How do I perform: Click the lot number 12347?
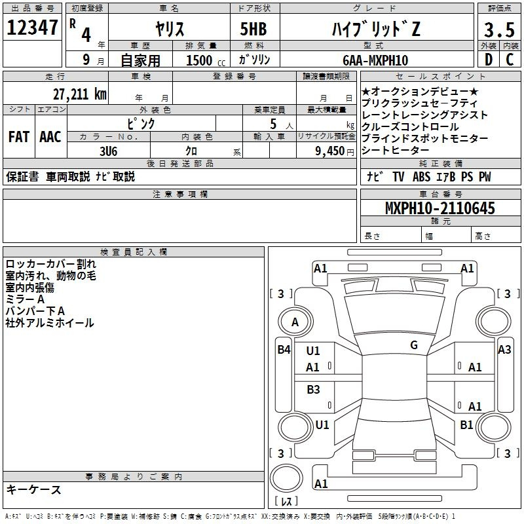32,28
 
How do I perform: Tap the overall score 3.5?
499,30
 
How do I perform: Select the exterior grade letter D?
489,60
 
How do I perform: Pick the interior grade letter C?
510,60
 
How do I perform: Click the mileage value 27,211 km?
80,94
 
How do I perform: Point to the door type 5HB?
253,29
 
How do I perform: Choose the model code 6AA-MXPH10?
375,60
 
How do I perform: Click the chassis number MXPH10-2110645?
440,208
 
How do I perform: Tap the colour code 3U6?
109,151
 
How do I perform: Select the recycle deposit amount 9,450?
330,151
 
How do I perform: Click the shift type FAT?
19,137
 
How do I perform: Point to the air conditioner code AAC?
50,137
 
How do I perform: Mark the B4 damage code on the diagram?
284,350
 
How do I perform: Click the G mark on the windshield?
414,345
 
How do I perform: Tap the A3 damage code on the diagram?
504,350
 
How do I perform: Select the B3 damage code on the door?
313,389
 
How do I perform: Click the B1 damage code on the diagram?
466,424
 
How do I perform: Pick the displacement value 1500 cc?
206,60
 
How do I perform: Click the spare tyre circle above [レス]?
286,478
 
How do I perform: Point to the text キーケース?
34,489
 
